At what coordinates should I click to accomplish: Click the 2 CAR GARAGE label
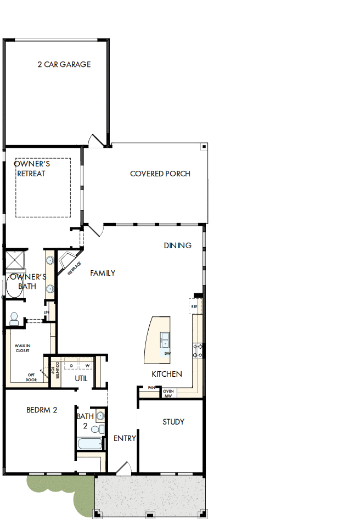coord(64,64)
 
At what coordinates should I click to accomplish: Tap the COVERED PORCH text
coord(160,174)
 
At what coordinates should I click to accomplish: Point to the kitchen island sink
coord(165,339)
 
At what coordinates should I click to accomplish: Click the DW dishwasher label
coord(167,354)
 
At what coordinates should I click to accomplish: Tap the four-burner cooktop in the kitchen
coord(198,350)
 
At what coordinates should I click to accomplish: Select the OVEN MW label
coord(168,393)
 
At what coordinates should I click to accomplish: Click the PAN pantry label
coord(151,388)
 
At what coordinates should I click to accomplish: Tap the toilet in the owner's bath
coord(14,318)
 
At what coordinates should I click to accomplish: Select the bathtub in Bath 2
coord(88,444)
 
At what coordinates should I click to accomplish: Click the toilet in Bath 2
coord(98,429)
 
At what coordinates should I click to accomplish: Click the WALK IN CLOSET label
coord(22,348)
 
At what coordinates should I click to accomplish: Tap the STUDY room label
coord(173,422)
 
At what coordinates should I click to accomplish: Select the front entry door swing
coord(123,468)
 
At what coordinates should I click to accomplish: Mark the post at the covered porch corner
coord(204,147)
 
